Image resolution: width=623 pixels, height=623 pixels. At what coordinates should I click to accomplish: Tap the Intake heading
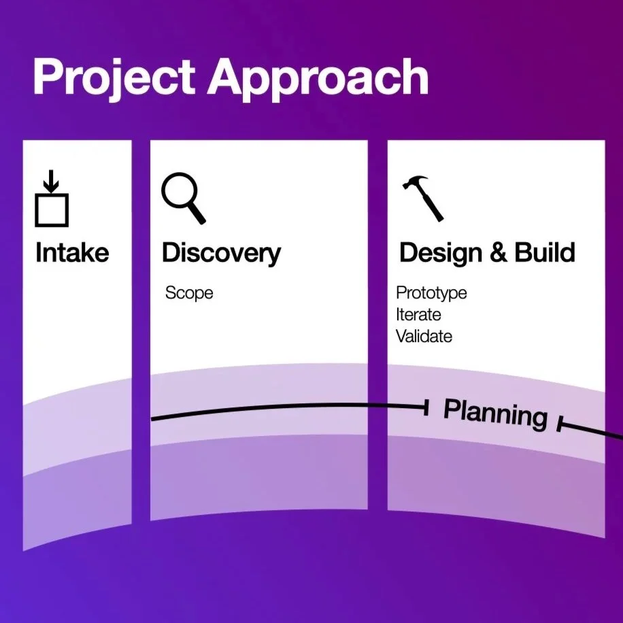[x=72, y=253]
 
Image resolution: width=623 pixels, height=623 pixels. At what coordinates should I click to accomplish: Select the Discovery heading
[x=221, y=253]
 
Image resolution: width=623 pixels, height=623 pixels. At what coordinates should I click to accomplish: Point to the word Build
[x=545, y=252]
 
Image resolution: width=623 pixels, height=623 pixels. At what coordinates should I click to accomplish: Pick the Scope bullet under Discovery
[x=189, y=293]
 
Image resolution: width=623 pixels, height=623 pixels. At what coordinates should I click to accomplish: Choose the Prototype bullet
[x=431, y=293]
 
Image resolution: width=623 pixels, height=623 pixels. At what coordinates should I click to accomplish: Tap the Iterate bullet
[x=418, y=315]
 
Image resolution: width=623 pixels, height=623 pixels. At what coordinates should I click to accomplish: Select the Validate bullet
[x=424, y=336]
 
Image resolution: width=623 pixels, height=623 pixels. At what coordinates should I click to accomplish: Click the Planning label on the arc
[x=495, y=412]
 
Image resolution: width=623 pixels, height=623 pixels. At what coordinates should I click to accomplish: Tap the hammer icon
[x=422, y=197]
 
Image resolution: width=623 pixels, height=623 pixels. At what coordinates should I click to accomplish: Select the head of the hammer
[x=414, y=182]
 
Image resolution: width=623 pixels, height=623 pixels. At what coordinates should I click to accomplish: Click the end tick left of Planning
[x=426, y=407]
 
